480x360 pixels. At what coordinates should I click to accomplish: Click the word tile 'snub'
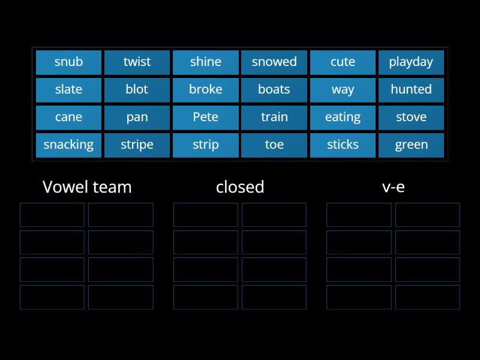pyautogui.click(x=68, y=62)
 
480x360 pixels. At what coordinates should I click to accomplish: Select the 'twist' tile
pyautogui.click(x=137, y=62)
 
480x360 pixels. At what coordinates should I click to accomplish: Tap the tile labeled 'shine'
pyautogui.click(x=205, y=62)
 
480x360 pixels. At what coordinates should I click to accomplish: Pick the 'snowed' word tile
pyautogui.click(x=274, y=62)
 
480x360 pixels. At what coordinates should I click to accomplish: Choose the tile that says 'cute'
pyautogui.click(x=343, y=62)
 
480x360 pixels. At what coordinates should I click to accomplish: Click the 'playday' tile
pyautogui.click(x=411, y=62)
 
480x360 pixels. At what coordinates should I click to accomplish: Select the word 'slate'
pyautogui.click(x=68, y=89)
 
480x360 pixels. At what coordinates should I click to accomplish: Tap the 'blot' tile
pyautogui.click(x=137, y=89)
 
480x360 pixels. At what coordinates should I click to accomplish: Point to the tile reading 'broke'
pyautogui.click(x=205, y=89)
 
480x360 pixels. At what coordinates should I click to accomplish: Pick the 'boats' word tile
pyautogui.click(x=274, y=89)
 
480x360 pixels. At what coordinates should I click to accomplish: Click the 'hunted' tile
pyautogui.click(x=411, y=89)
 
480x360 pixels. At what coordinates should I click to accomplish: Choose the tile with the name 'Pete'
pyautogui.click(x=205, y=117)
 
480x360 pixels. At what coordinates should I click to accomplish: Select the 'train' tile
pyautogui.click(x=274, y=117)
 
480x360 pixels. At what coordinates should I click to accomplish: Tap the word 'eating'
pyautogui.click(x=343, y=117)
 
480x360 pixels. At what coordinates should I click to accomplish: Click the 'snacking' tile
pyautogui.click(x=68, y=145)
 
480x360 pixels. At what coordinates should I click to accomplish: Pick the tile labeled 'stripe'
pyautogui.click(x=137, y=145)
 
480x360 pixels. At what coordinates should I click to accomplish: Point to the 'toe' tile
pyautogui.click(x=274, y=145)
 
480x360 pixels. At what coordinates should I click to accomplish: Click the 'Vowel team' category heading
pyautogui.click(x=87, y=187)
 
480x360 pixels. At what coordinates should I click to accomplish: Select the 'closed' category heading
pyautogui.click(x=240, y=187)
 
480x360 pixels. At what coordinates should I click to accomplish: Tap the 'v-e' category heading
pyautogui.click(x=393, y=187)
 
